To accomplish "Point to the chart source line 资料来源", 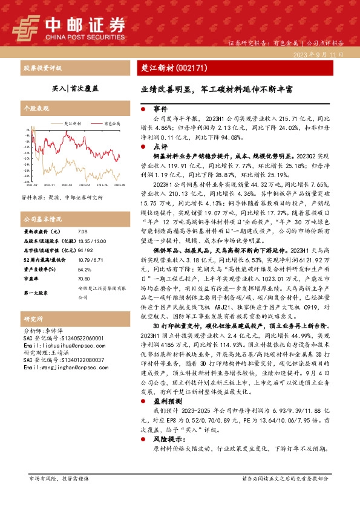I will [x=58, y=197].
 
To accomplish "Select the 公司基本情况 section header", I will [x=42, y=219].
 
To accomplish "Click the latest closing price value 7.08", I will [x=82, y=232].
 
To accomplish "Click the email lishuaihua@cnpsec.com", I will [x=57, y=347].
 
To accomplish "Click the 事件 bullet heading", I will [x=160, y=109].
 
